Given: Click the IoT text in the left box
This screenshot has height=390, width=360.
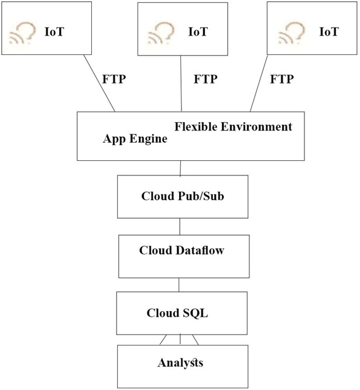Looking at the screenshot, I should point(54,31).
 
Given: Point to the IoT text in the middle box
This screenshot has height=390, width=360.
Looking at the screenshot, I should point(197,31).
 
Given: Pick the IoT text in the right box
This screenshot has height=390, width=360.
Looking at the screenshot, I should point(328,31).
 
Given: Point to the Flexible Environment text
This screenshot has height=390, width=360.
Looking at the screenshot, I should point(232,126).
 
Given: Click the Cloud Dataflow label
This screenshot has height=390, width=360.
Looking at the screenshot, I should point(181,251).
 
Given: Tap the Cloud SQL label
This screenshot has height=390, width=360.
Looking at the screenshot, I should point(177,313).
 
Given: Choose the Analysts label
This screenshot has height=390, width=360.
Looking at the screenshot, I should point(180,363).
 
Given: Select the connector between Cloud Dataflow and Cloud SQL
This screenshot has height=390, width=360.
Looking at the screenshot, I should point(179,285).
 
